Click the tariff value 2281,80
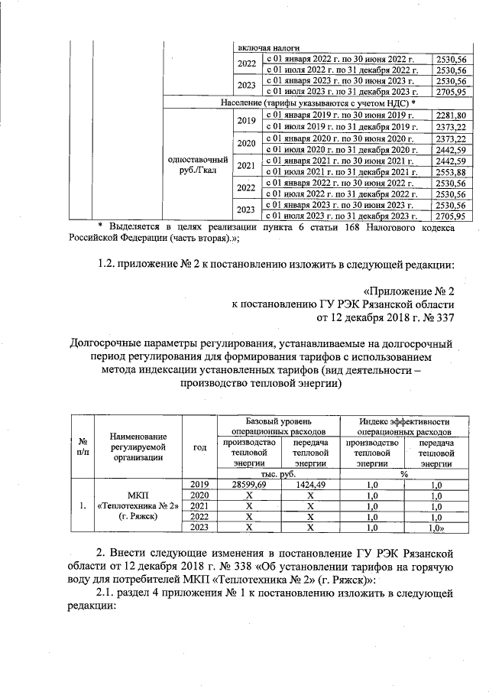(x=450, y=115)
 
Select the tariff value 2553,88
(x=450, y=174)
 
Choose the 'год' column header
(x=200, y=447)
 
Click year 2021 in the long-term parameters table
(x=200, y=505)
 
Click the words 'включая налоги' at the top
(x=263, y=47)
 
